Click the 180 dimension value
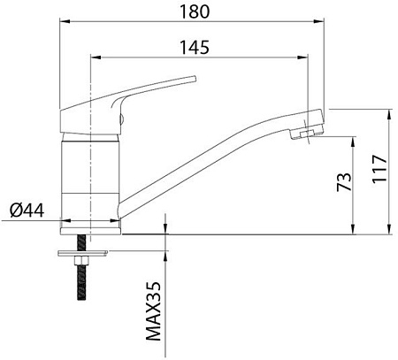(195, 11)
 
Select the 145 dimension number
(195, 48)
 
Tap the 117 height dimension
(379, 169)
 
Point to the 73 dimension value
(344, 182)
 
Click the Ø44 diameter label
(27, 211)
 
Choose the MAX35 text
(154, 311)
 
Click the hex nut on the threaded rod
(81, 260)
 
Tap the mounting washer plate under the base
(83, 253)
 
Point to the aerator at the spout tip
(307, 134)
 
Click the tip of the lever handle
(195, 79)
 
